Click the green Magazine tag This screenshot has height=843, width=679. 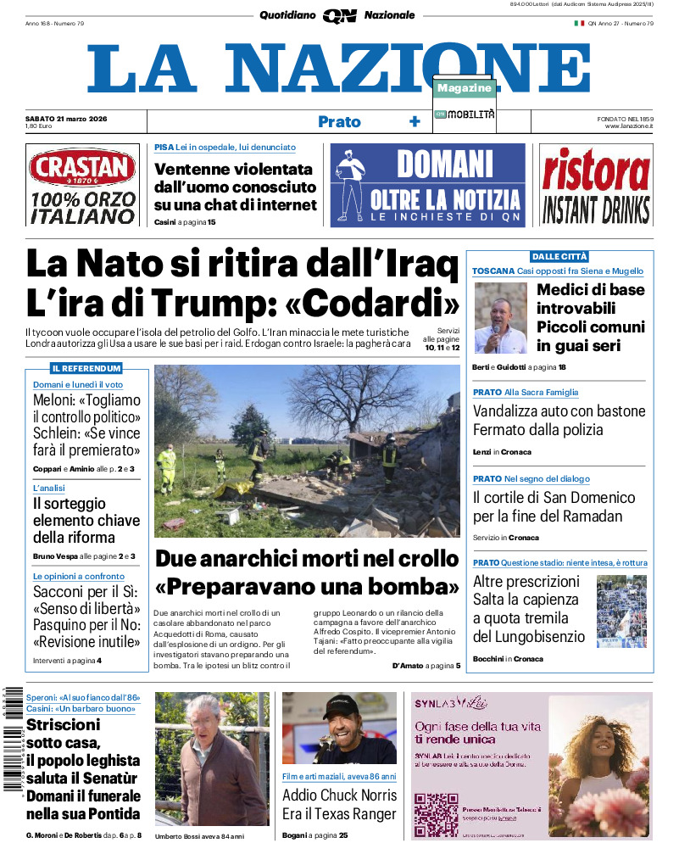click(x=465, y=88)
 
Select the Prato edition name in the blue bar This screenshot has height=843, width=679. click(x=339, y=122)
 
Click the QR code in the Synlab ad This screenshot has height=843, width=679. click(x=436, y=813)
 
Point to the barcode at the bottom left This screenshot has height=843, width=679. click(x=11, y=737)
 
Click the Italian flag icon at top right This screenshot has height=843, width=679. click(x=579, y=23)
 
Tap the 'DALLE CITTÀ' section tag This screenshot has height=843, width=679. click(x=559, y=256)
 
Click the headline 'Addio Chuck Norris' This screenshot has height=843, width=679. click(x=339, y=796)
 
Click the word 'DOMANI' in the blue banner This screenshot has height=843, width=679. click(x=444, y=163)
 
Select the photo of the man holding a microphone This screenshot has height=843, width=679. click(x=500, y=318)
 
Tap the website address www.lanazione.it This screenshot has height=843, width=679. click(x=628, y=126)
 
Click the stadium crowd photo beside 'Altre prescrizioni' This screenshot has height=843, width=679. click(x=621, y=611)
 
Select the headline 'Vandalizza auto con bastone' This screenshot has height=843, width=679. click(x=559, y=411)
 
